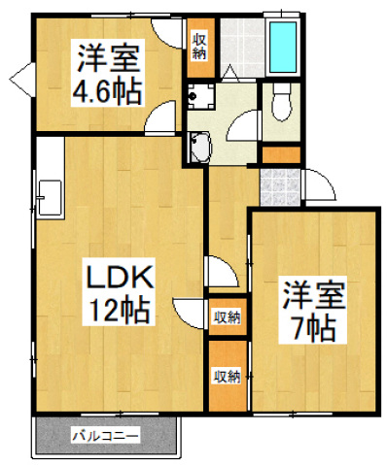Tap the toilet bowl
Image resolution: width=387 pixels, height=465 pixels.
click(283, 103)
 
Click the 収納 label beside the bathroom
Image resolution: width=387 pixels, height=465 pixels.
click(198, 45)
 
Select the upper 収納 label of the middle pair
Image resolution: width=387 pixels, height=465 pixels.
click(227, 316)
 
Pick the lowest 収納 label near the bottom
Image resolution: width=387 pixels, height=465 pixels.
click(227, 376)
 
